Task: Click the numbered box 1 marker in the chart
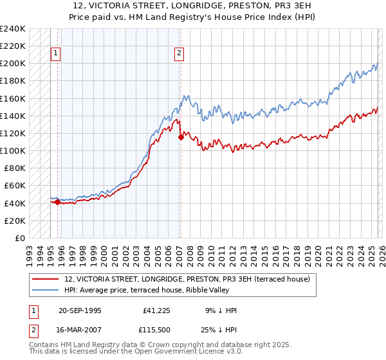[x=56, y=54]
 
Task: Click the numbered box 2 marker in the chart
[x=179, y=54]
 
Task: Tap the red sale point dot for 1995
[x=58, y=202]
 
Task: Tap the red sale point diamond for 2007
[x=181, y=137]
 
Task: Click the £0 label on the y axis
[x=19, y=238]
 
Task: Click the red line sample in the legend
[x=46, y=279]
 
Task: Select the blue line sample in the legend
[x=46, y=290]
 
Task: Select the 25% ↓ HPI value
[x=221, y=331]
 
